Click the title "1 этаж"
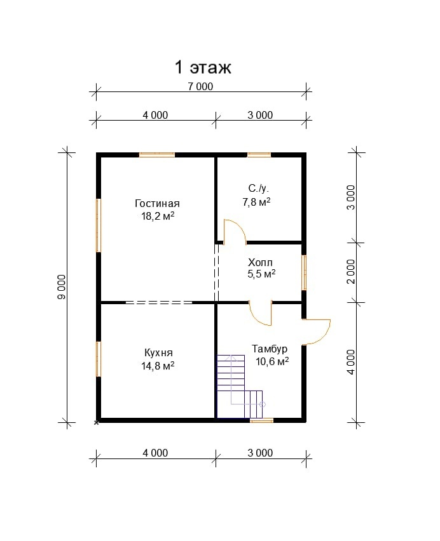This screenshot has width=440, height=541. [x=203, y=67]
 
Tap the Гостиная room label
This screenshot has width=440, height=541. [x=157, y=204]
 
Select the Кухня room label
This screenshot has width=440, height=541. [x=158, y=353]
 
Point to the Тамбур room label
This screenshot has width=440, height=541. [x=270, y=349]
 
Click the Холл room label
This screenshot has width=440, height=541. [x=260, y=263]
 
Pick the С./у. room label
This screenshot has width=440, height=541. [x=258, y=189]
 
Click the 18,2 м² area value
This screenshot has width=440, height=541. [x=158, y=217]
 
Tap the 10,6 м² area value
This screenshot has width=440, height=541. [x=272, y=361]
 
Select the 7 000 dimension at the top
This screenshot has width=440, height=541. [x=200, y=86]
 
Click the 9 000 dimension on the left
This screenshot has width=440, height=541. [x=62, y=287]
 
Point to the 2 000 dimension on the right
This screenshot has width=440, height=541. [x=351, y=272]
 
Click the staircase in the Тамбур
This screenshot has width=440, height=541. [x=240, y=387]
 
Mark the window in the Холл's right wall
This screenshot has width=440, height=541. [x=304, y=272]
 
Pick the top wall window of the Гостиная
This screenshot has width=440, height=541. [x=157, y=155]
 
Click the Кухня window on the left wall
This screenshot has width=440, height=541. [x=99, y=359]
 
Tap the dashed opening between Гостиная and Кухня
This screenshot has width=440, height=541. [x=159, y=303]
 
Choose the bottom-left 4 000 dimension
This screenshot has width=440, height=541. [x=155, y=453]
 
